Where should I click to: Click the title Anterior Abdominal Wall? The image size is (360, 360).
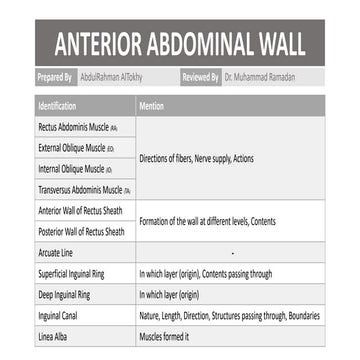tap(180, 44)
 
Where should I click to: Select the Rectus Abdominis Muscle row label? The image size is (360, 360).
tap(78, 128)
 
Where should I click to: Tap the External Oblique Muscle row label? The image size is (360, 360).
tap(76, 148)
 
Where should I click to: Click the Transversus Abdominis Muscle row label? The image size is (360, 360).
tap(84, 189)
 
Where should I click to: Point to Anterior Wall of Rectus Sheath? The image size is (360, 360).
tap(81, 211)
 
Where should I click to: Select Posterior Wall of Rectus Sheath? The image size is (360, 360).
tap(82, 231)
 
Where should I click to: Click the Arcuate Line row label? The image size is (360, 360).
tap(56, 252)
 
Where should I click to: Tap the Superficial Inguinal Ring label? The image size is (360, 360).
tap(76, 272)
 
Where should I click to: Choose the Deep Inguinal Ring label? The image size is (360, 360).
tap(66, 293)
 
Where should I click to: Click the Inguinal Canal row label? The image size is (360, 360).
tap(59, 314)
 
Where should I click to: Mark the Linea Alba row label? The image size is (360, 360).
tap(53, 334)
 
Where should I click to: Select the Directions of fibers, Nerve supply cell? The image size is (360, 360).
tap(189, 159)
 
